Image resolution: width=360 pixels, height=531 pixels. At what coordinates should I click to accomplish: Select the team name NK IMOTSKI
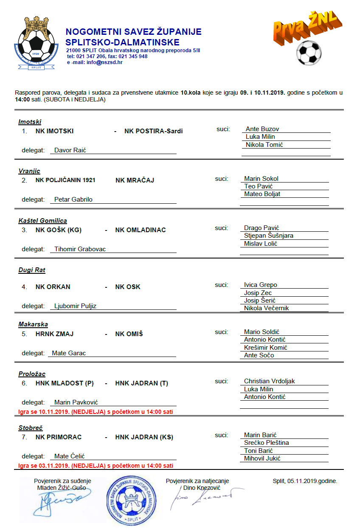pos(54,131)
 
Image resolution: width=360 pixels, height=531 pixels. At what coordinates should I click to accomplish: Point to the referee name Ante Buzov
pos(262,129)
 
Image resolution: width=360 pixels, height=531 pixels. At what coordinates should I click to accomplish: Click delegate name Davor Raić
pos(70,150)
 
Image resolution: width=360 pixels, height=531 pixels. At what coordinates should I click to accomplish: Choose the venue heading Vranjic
pos(29,171)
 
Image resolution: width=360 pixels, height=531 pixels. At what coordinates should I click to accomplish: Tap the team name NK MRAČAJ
pos(135,180)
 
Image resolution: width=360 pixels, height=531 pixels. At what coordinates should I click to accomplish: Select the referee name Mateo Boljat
pos(262,194)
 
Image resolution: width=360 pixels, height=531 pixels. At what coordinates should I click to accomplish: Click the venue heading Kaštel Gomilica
pos(42,221)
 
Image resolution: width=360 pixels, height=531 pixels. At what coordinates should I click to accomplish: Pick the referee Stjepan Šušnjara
pos(268,236)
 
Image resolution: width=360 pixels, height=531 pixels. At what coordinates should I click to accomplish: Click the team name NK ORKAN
pos(53,287)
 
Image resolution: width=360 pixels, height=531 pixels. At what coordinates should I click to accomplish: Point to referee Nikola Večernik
pos(266,308)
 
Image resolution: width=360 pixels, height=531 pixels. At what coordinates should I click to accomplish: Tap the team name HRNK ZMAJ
pos(54,334)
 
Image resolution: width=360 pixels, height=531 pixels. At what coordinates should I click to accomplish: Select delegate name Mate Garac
pos(69,353)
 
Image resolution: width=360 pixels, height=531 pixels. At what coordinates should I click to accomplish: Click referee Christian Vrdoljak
pos(269,381)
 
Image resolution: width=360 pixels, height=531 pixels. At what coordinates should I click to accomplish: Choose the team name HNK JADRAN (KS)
pos(144,437)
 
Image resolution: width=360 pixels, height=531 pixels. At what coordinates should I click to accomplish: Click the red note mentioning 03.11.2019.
pos(96,466)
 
